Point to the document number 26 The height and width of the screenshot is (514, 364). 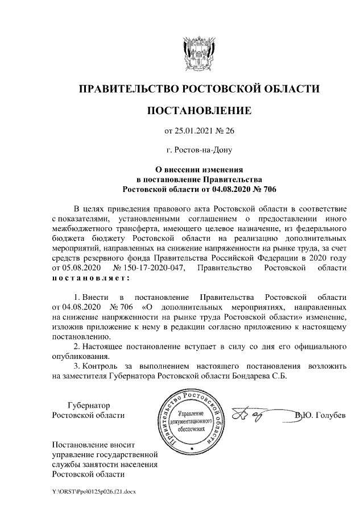click(x=229, y=131)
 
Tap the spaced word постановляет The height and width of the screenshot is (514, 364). click(x=90, y=278)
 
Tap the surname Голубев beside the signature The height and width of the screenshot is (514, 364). click(x=329, y=416)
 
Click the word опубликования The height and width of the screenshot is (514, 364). click(x=80, y=356)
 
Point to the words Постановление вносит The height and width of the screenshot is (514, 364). click(x=94, y=444)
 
